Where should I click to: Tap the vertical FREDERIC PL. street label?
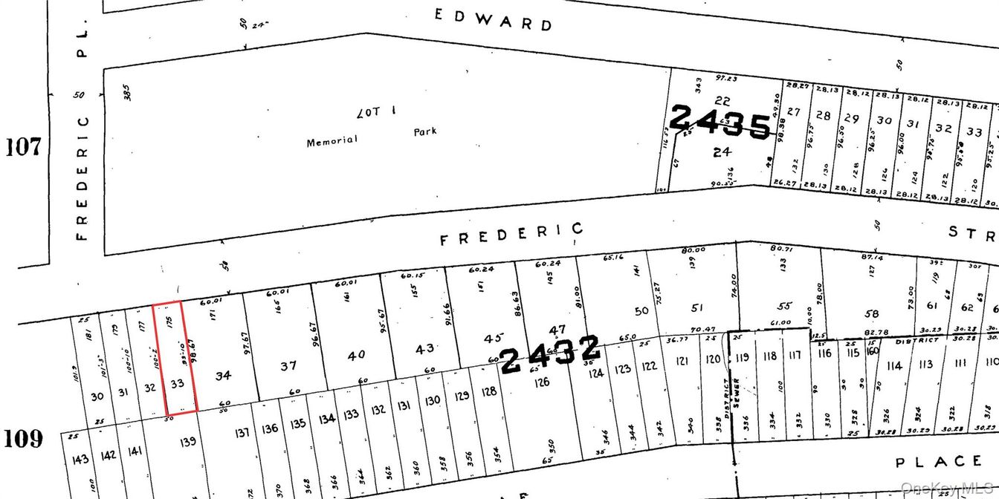83,134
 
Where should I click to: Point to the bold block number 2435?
720,122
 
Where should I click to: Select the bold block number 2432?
550,354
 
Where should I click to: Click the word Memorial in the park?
332,141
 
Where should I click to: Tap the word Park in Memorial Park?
425,132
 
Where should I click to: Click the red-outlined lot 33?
178,384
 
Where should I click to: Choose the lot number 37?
288,366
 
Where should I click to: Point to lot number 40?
357,355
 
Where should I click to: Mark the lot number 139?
187,441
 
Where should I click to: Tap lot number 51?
696,307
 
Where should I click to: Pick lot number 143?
80,459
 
